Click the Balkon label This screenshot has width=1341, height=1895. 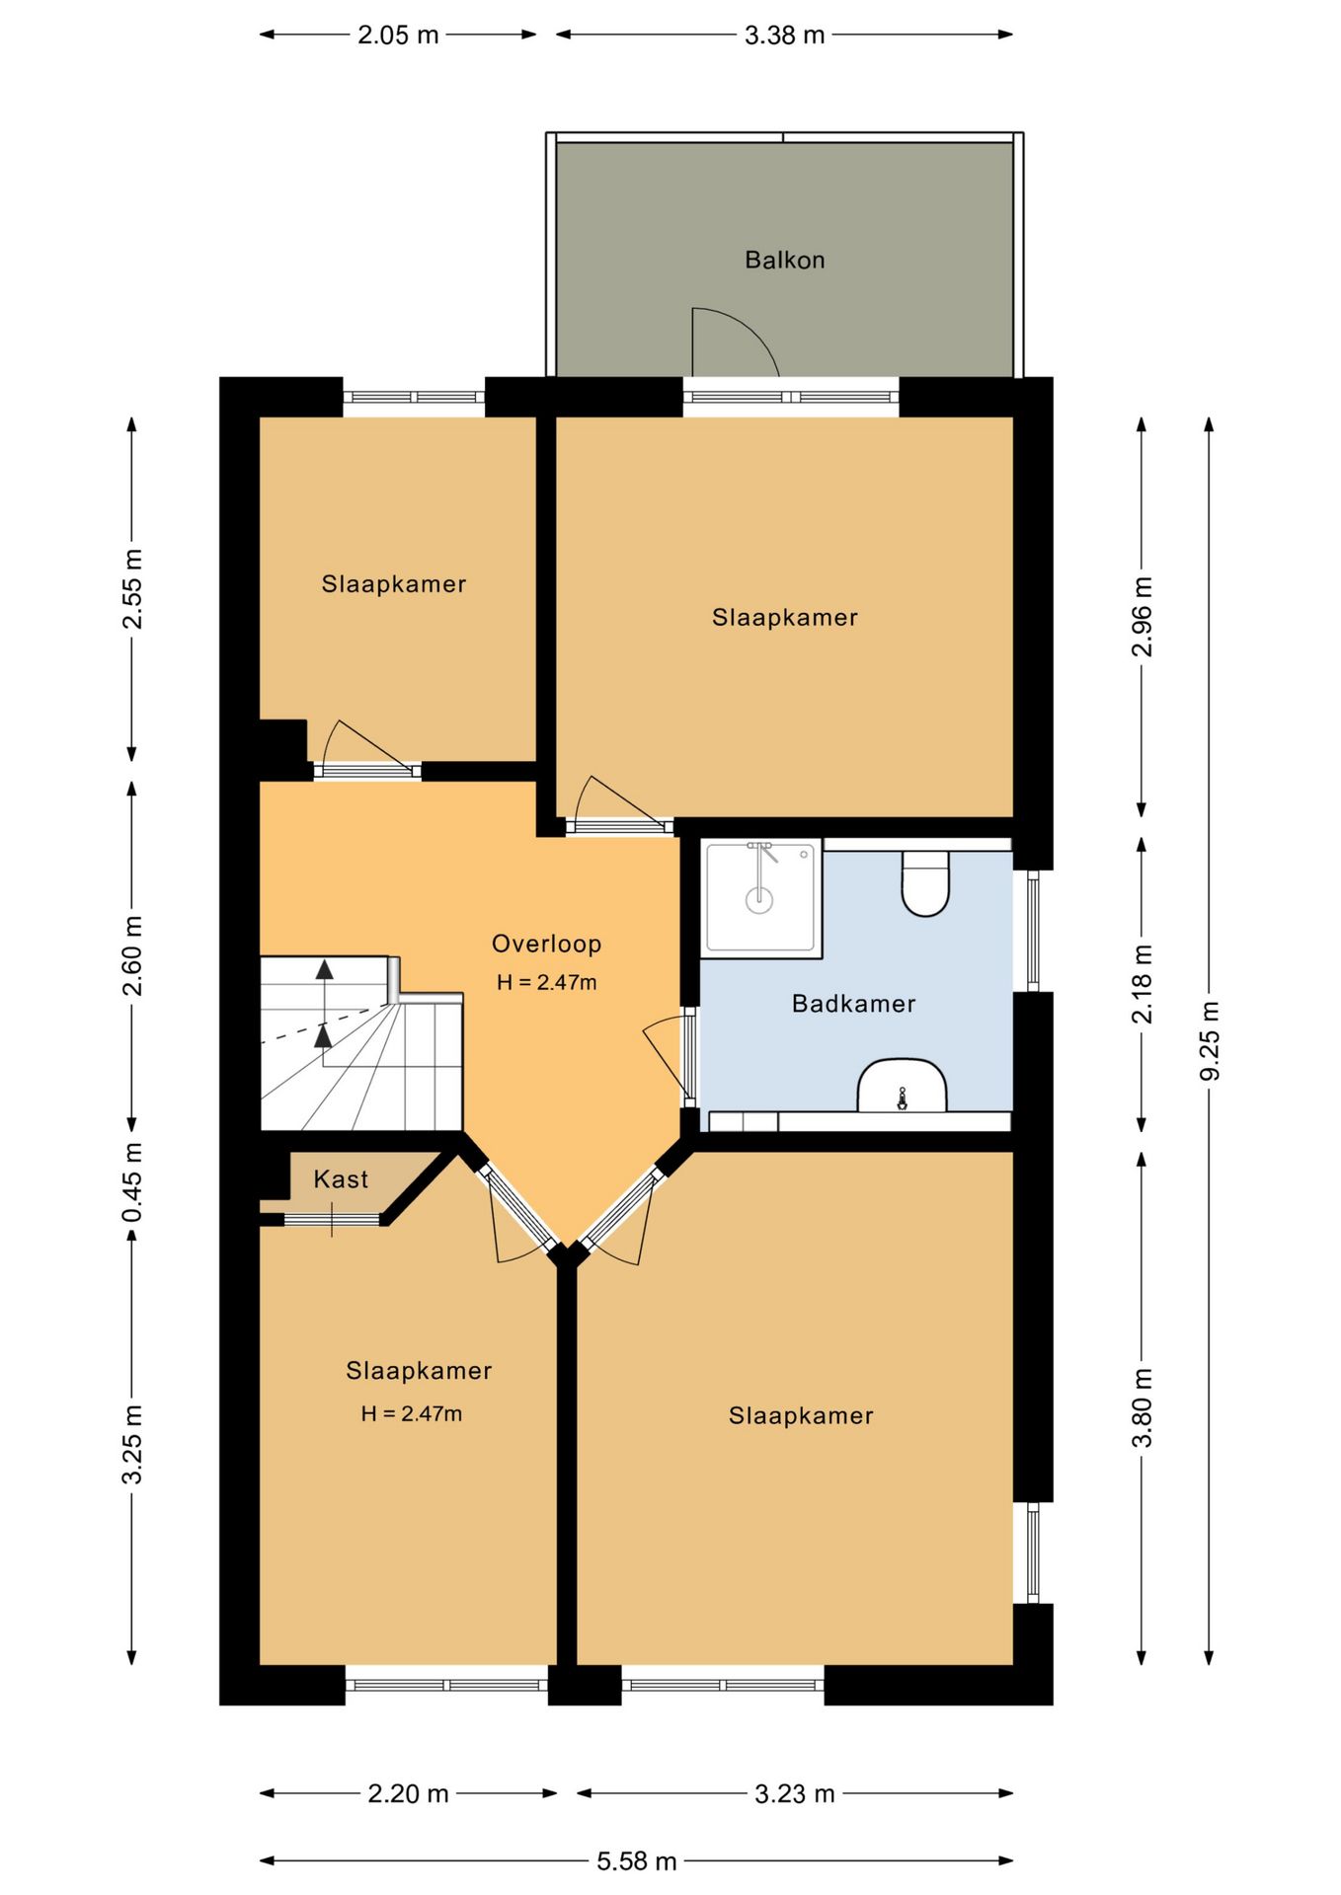tap(784, 260)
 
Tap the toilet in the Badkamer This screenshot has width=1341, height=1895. tap(925, 882)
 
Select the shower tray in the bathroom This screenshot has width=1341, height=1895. tap(761, 897)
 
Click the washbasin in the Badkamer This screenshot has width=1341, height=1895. tap(902, 1086)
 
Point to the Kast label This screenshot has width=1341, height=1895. tap(341, 1178)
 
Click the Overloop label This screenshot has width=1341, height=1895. tap(547, 944)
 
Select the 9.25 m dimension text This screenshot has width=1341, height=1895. tap(1210, 1040)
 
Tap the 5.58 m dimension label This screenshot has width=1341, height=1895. tap(637, 1860)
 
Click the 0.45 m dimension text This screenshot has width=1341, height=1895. tap(132, 1181)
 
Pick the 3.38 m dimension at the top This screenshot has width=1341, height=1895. tap(785, 35)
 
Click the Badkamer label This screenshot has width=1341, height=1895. tap(854, 1004)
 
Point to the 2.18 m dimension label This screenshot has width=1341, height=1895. tap(1143, 984)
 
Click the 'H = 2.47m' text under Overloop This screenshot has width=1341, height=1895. tap(547, 982)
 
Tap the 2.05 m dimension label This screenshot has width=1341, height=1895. tap(398, 35)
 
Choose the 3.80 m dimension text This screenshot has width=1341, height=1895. tap(1143, 1407)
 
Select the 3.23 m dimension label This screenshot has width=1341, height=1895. tap(795, 1793)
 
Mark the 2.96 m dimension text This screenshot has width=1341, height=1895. tap(1143, 617)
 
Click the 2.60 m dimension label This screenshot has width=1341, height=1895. tap(132, 956)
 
